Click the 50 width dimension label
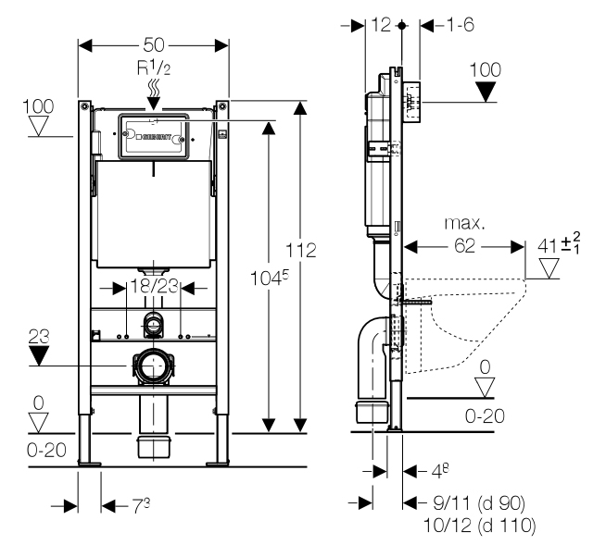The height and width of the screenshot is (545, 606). click(x=154, y=44)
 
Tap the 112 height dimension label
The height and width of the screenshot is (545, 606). click(x=300, y=250)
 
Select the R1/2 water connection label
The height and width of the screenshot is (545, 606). click(x=154, y=68)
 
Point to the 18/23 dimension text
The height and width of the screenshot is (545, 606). click(x=154, y=287)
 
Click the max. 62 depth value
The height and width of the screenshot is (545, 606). click(x=464, y=245)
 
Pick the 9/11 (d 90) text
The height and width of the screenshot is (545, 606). click(x=479, y=502)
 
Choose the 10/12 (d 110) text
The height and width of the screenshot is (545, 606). click(x=480, y=525)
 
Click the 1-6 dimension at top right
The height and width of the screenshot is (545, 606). click(x=461, y=25)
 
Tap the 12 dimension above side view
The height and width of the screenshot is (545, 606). click(x=381, y=25)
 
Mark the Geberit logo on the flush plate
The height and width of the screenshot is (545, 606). click(x=157, y=137)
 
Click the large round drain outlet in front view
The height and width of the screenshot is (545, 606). click(x=154, y=365)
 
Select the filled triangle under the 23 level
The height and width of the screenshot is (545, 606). click(x=39, y=355)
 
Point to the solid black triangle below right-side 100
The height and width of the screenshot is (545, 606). click(x=485, y=93)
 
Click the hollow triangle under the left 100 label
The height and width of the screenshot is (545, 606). click(x=38, y=126)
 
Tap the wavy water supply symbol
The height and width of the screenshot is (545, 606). click(x=154, y=88)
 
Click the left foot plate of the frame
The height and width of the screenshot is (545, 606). click(x=89, y=464)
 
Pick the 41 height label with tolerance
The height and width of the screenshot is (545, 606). click(x=559, y=244)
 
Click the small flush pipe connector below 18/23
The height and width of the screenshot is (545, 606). click(x=154, y=325)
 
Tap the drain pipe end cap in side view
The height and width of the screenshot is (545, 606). click(x=372, y=412)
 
